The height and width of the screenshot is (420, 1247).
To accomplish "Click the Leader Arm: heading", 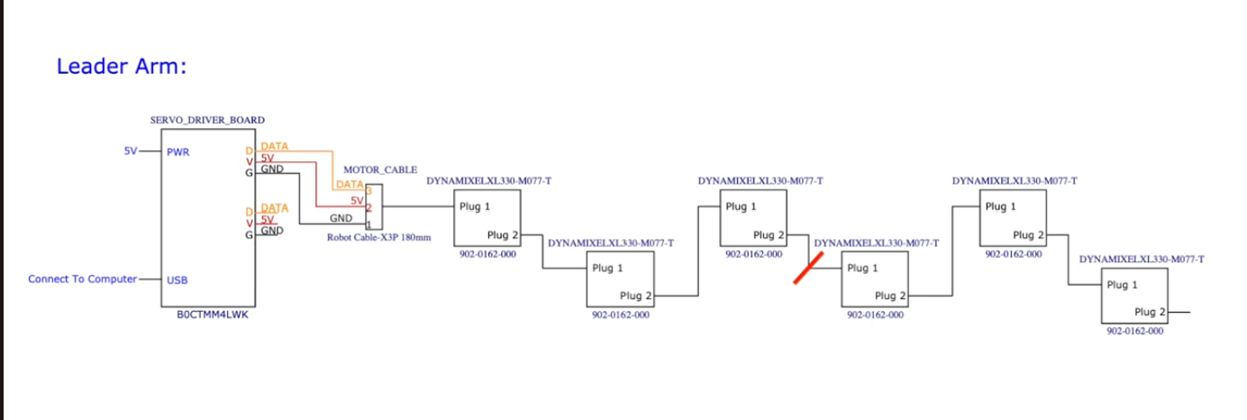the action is [122, 67].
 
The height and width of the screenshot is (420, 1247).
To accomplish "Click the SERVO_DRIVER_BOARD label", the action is [207, 120].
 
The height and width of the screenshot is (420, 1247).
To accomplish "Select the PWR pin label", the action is [178, 152].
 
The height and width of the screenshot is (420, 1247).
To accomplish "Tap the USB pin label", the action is [177, 280].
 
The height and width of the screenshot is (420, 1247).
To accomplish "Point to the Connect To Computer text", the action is [82, 278].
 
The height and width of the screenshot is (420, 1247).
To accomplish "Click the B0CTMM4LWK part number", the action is [213, 315].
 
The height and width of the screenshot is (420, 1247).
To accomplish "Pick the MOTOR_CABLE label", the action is [380, 169].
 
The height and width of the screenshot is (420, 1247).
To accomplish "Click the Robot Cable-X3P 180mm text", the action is [378, 237].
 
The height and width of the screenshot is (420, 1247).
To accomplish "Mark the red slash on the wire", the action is [808, 268].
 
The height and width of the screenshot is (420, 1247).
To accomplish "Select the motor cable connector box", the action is [374, 206].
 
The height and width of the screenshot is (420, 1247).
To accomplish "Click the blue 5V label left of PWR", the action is [131, 151].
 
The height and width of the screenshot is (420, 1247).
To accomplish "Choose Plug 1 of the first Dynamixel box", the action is [474, 206].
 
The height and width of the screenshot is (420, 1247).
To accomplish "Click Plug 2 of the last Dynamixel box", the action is [1150, 312].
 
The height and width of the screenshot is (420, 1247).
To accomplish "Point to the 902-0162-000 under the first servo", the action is [487, 254].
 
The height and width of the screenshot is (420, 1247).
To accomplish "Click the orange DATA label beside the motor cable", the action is [350, 185].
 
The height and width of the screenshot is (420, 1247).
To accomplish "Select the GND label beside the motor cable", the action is [341, 218].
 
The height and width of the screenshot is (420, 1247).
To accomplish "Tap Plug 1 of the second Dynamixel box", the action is [607, 268].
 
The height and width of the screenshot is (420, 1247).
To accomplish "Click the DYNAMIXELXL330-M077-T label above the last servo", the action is [1142, 259].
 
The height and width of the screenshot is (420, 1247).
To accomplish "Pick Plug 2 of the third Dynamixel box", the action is [769, 235].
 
